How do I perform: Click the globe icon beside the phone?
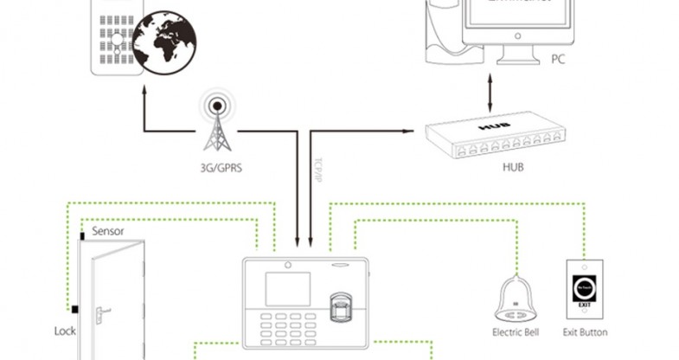tap(167, 42)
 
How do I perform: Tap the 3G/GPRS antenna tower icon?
tap(214, 122)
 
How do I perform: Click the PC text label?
tap(559, 60)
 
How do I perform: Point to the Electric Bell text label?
tap(517, 332)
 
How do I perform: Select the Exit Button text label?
tap(585, 332)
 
